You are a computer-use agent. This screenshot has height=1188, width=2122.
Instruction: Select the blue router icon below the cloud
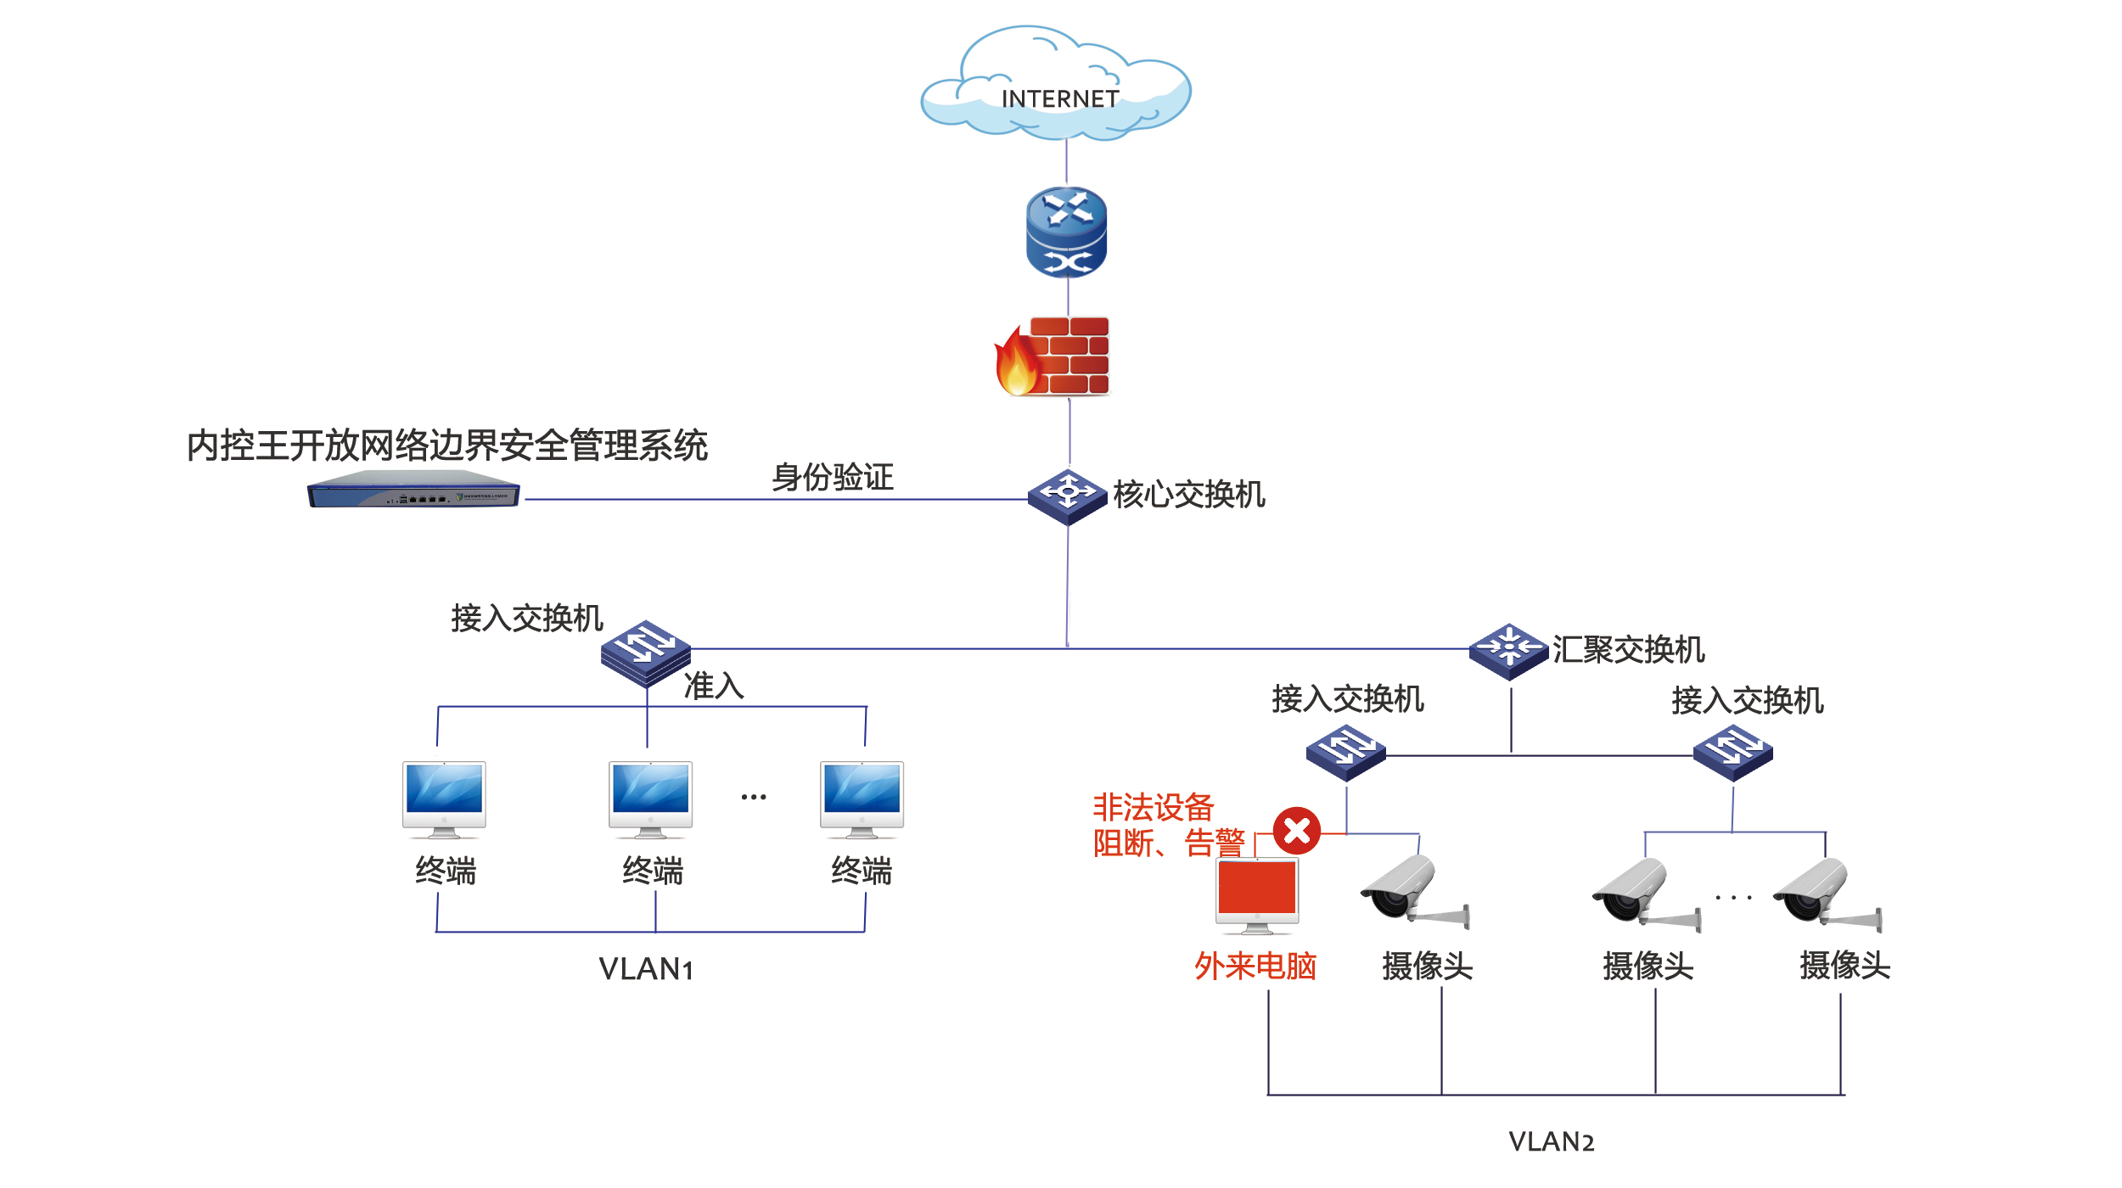tap(1067, 232)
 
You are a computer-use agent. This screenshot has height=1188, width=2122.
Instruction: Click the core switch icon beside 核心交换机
tap(1068, 496)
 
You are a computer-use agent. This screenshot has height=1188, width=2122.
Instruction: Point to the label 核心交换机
tap(1188, 494)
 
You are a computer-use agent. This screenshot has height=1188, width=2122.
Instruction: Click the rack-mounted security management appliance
tap(413, 490)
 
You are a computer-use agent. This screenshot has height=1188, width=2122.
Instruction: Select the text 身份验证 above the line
tap(832, 477)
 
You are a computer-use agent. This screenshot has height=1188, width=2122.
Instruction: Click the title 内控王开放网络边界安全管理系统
tap(447, 445)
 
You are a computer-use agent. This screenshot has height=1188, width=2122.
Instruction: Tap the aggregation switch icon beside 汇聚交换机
tap(1509, 651)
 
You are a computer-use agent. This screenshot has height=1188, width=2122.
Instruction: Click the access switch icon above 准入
tap(646, 652)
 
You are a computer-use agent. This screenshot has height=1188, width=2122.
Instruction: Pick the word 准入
tap(714, 686)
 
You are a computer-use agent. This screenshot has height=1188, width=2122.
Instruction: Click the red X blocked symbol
tap(1297, 830)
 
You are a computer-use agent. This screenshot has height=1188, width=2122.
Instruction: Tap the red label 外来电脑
tap(1255, 966)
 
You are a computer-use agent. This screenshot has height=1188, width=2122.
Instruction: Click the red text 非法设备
tap(1153, 807)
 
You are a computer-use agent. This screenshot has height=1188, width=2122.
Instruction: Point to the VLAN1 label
tap(646, 969)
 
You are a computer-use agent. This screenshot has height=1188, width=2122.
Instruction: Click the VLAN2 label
tap(1552, 1141)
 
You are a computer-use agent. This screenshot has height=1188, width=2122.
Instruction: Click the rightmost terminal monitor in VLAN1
tap(862, 798)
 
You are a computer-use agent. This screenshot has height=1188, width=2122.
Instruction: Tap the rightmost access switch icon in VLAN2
tap(1732, 752)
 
